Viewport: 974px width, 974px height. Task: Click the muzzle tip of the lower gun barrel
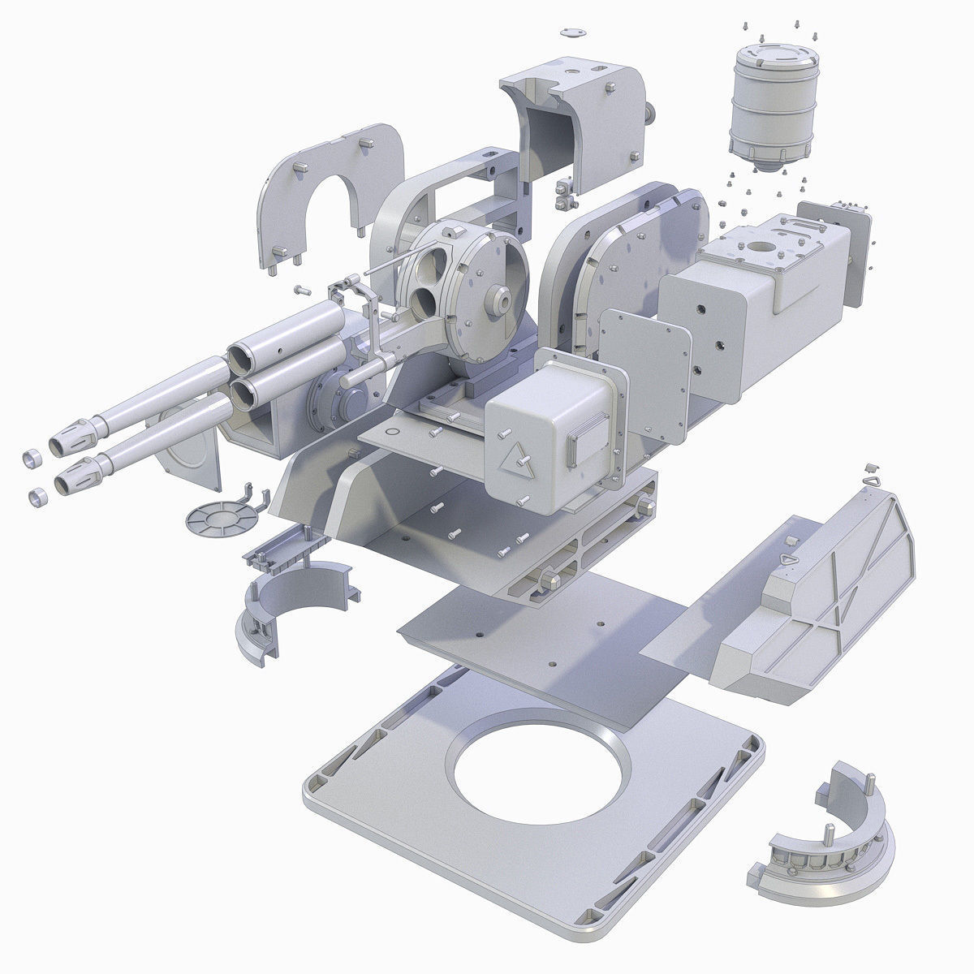coord(70,485)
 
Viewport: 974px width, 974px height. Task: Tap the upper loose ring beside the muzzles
coord(32,459)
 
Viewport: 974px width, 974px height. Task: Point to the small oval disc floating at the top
coord(573,33)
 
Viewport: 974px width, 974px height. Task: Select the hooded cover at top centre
coord(576,122)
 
